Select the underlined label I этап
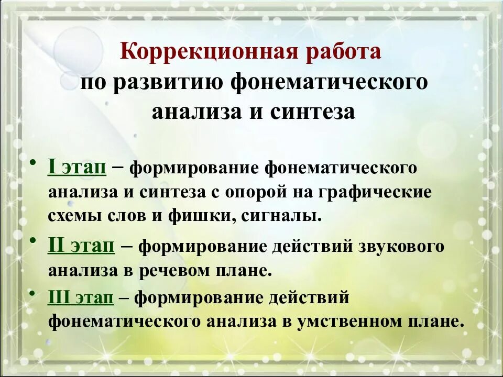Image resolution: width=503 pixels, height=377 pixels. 78,167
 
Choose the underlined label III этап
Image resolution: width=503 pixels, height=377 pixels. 81,297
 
